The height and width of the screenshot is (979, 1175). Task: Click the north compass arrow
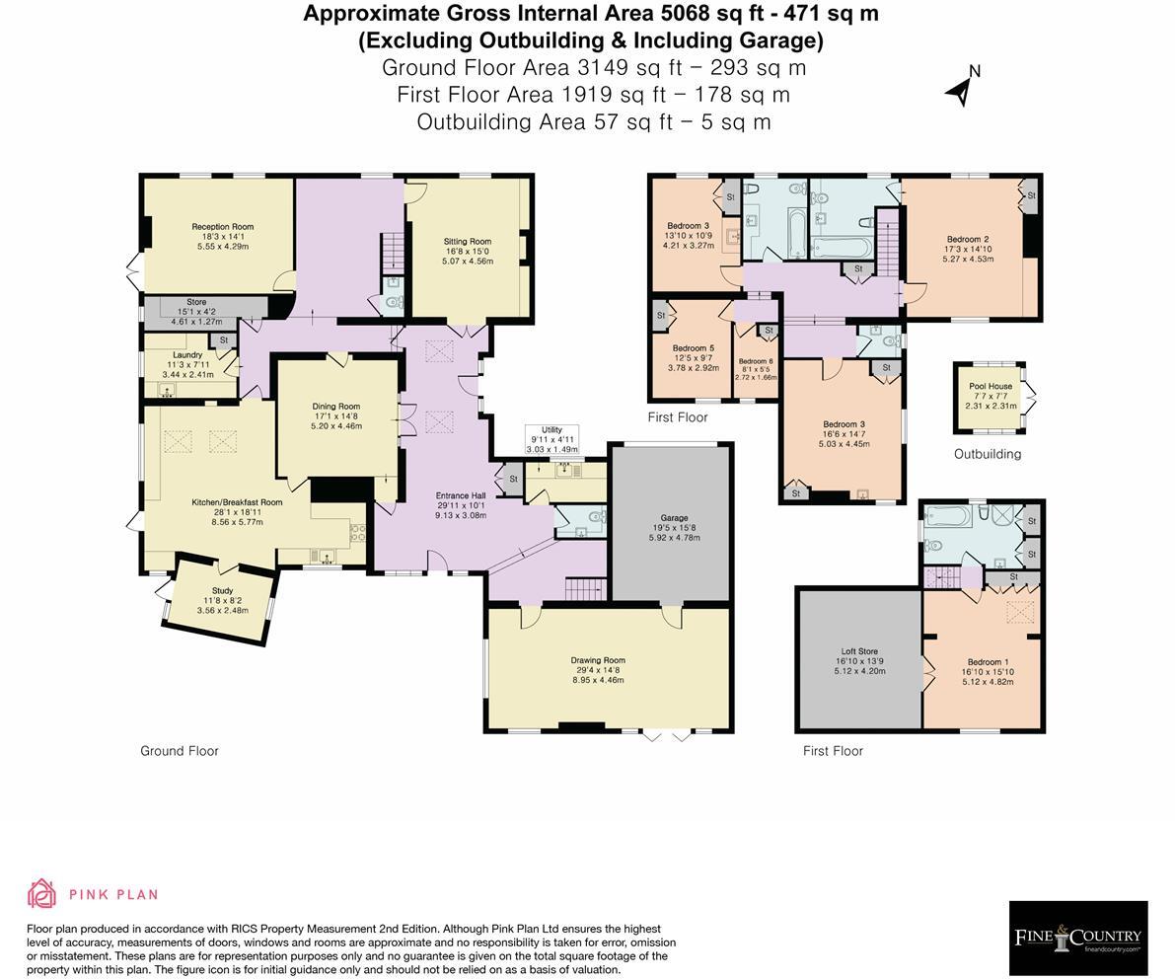tap(961, 89)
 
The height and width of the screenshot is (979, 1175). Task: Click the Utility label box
tap(551, 439)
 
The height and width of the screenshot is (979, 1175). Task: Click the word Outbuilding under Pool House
tap(987, 454)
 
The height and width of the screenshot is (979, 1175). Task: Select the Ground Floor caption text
tap(180, 751)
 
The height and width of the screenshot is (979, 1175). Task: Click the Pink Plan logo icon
tap(41, 893)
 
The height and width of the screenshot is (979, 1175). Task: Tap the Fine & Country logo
tap(1077, 938)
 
